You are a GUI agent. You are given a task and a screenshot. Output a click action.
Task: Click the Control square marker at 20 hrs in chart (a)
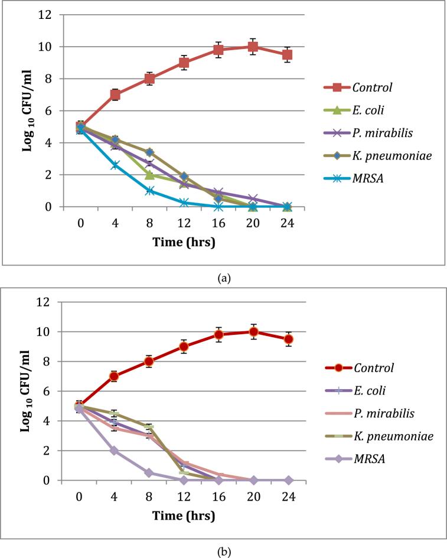coord(253,47)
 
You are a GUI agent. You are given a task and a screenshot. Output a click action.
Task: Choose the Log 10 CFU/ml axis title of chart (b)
coord(28,391)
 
